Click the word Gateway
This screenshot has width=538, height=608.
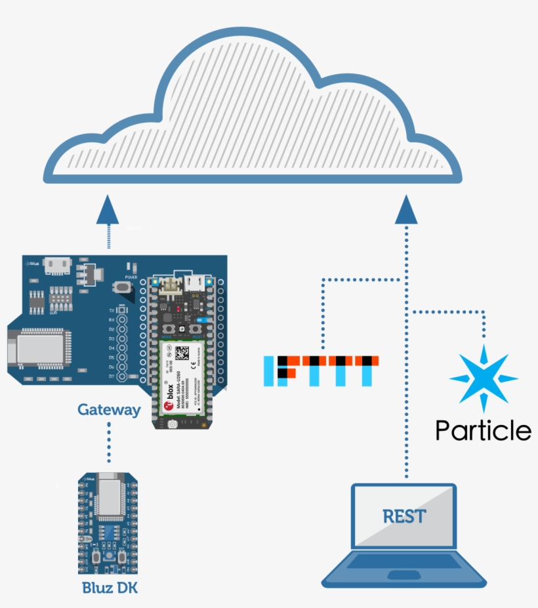(109, 410)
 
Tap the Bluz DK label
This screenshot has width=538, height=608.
(110, 587)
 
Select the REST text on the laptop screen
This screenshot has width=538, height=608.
(404, 516)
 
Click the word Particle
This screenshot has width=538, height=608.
(484, 430)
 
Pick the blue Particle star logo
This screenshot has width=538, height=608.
(484, 379)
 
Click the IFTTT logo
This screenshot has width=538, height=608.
(321, 371)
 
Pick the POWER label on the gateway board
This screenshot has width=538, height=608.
(131, 277)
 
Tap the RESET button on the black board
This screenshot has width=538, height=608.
(195, 329)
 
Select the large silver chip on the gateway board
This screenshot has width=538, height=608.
(39, 346)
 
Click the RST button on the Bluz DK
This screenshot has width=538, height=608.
(122, 557)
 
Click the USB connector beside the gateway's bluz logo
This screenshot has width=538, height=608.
(60, 264)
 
